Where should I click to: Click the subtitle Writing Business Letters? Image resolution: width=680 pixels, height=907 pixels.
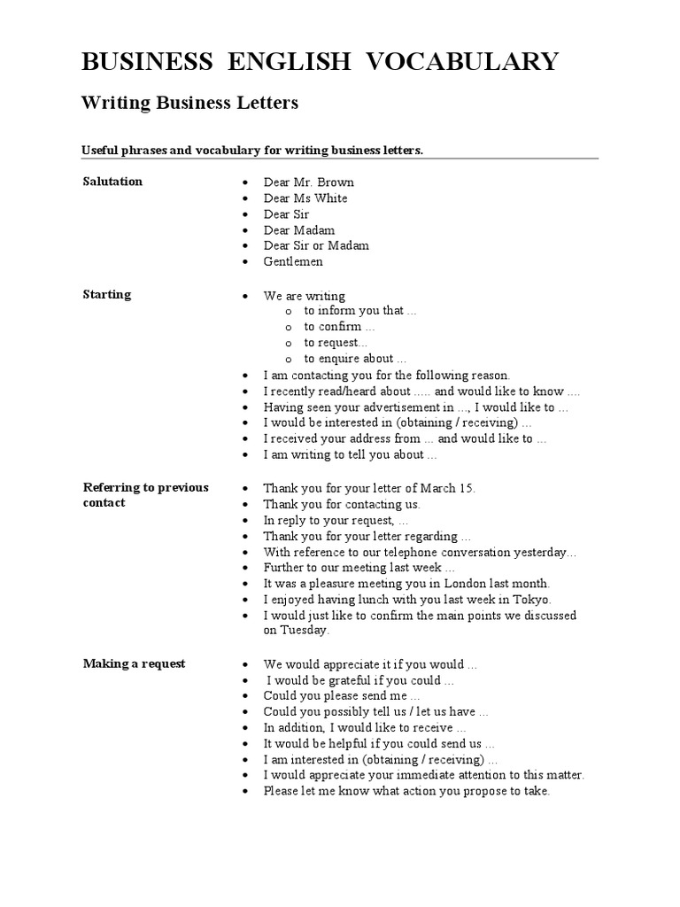pyautogui.click(x=189, y=104)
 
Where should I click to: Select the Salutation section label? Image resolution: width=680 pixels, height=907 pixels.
pyautogui.click(x=112, y=182)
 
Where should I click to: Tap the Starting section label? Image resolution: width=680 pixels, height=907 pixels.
pyautogui.click(x=106, y=295)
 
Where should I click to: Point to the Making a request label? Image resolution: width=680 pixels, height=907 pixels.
pyautogui.click(x=134, y=663)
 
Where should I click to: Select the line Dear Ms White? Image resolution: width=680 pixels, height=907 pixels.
pyautogui.click(x=305, y=198)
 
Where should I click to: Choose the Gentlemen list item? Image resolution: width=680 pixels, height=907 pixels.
pyautogui.click(x=293, y=262)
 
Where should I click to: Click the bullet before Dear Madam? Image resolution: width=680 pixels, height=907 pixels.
pyautogui.click(x=243, y=230)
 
